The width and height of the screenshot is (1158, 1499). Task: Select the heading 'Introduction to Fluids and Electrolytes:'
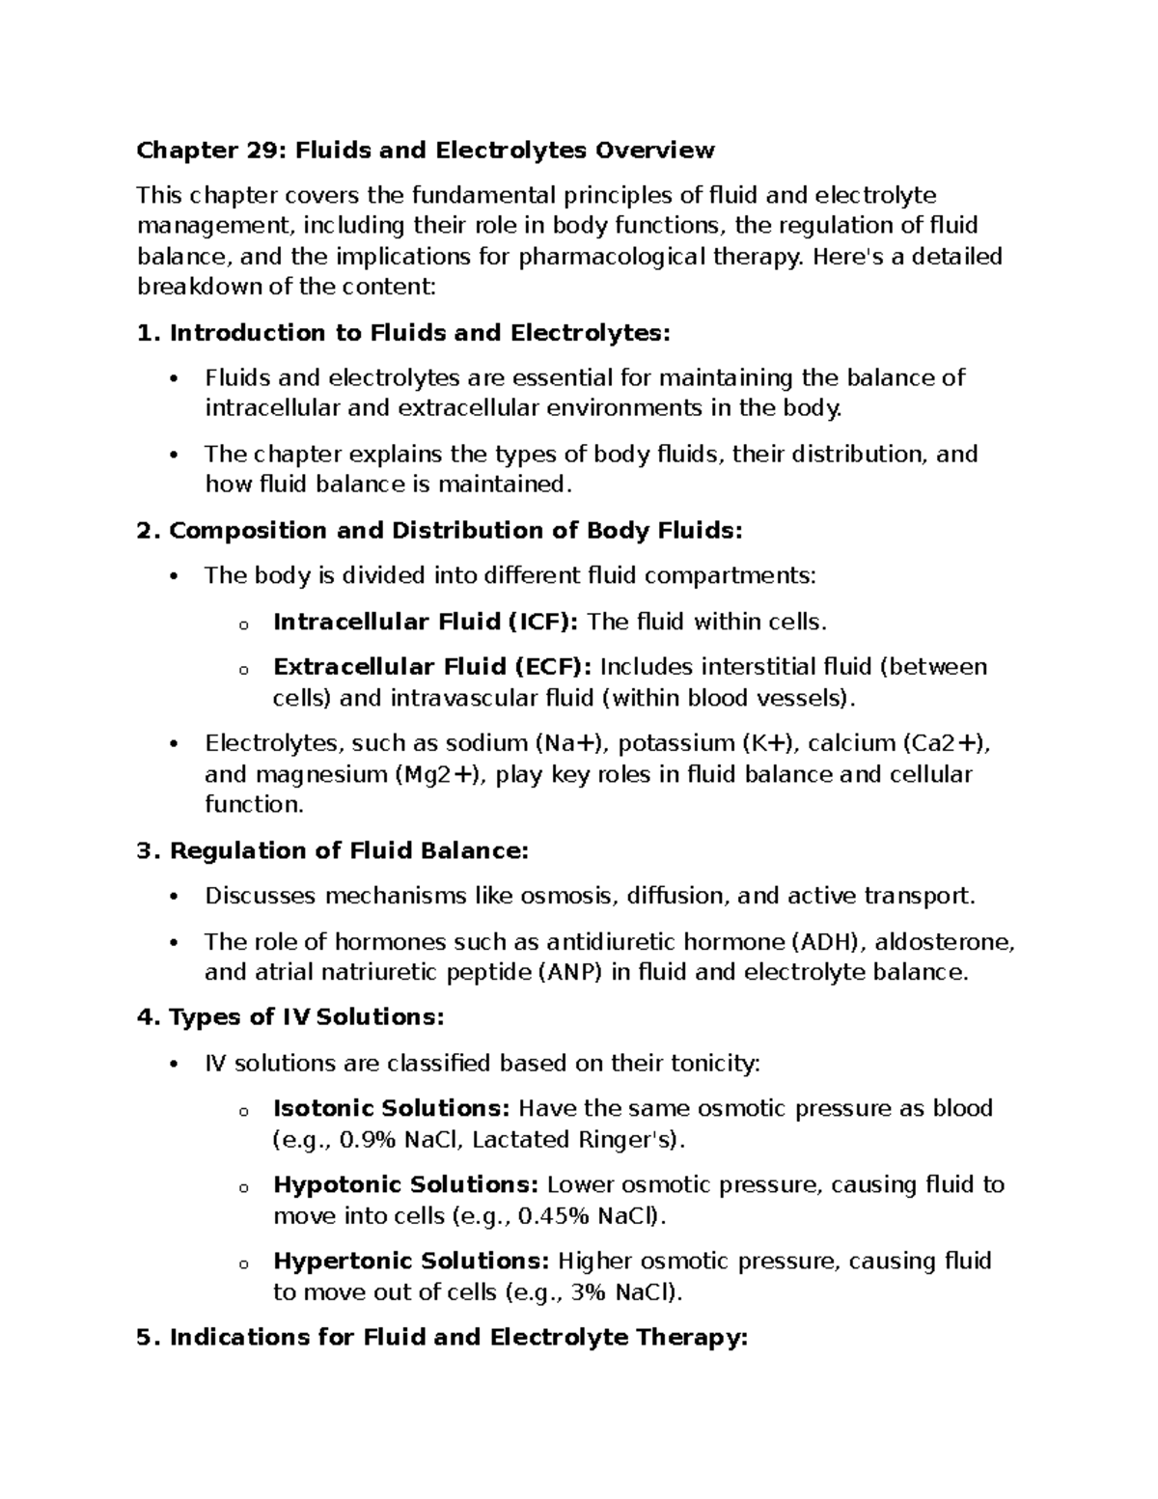419,334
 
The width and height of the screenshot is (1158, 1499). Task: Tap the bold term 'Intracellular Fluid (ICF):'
426,622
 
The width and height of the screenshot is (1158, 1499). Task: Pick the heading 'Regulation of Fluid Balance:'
349,851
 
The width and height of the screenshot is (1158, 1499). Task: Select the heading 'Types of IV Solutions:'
307,1017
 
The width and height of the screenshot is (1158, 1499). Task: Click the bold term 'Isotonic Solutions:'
392,1108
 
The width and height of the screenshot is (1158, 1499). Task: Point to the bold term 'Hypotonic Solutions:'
405,1184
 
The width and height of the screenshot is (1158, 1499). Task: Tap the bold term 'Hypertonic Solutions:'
411,1262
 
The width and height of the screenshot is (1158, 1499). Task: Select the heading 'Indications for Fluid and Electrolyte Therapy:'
458,1338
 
